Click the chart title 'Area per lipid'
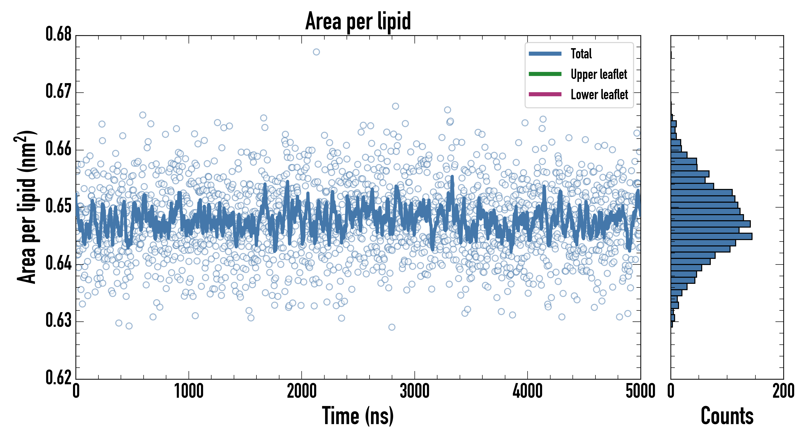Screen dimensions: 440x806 tap(358, 21)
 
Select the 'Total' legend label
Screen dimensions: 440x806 tap(581, 54)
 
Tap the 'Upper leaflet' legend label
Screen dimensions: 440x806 tap(599, 74)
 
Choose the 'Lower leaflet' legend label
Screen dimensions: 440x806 tap(599, 94)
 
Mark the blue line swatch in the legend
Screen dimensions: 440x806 tap(545, 54)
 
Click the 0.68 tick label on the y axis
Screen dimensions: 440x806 tap(59, 34)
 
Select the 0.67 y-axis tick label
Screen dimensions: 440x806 tap(59, 91)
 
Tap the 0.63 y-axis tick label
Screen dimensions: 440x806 tap(59, 321)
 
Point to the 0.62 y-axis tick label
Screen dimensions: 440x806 tap(59, 377)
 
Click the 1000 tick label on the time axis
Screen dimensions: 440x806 tap(189, 391)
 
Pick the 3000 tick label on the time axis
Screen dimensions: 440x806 tap(414, 391)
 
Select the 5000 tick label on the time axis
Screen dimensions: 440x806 tap(640, 391)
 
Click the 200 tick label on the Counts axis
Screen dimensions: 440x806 tap(783, 391)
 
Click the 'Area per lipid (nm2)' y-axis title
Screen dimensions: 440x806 tap(27, 207)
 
